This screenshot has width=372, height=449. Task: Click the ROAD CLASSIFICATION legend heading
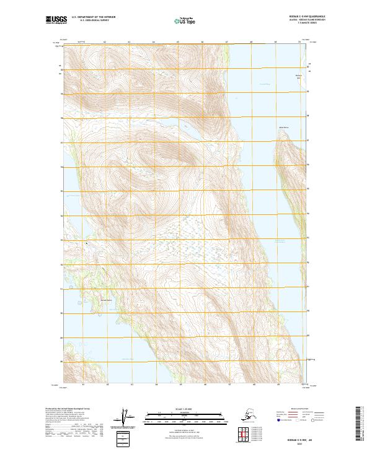[298, 408]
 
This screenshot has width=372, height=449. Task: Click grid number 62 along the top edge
[105, 42]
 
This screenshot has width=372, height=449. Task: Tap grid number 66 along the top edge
[202, 42]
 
